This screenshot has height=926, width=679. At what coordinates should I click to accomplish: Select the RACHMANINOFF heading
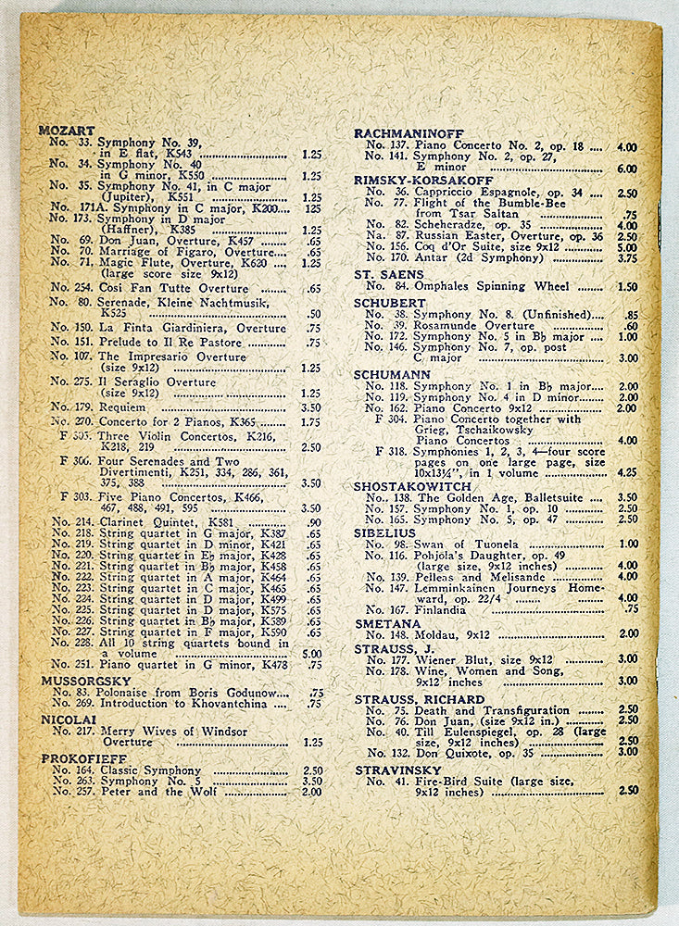tap(404, 133)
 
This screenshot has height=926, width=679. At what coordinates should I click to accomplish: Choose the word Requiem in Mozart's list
tap(122, 407)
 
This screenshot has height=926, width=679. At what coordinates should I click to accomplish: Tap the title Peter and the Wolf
tap(148, 792)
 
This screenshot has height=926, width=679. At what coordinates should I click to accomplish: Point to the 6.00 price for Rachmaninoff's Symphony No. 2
tap(626, 169)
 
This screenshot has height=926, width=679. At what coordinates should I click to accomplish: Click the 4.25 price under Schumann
tap(626, 471)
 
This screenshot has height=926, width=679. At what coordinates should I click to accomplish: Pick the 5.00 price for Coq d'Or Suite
tap(626, 247)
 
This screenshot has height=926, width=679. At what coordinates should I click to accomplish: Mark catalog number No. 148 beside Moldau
tap(386, 633)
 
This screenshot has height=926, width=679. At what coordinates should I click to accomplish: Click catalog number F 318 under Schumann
tap(391, 451)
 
